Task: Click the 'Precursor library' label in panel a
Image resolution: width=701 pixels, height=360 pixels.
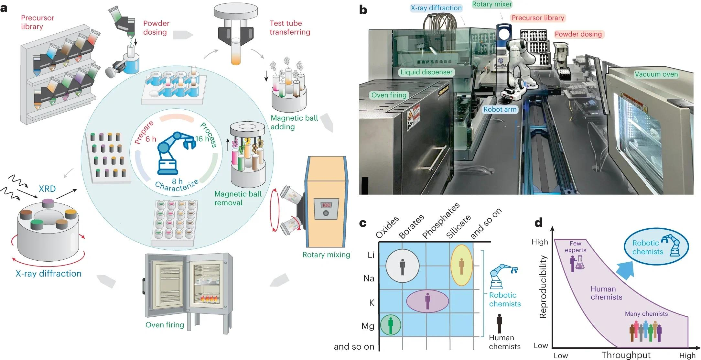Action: tap(38, 22)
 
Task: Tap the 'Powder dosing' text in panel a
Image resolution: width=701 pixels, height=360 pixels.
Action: tap(156, 27)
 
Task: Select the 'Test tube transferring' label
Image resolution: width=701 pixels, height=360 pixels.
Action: tap(290, 27)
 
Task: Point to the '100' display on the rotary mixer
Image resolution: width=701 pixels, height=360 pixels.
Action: tap(326, 205)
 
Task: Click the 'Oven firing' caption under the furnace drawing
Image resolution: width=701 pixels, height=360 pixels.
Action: tap(165, 325)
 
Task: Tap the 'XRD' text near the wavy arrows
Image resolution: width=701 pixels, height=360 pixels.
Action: tap(47, 189)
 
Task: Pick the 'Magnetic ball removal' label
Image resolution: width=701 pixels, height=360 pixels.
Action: tap(238, 198)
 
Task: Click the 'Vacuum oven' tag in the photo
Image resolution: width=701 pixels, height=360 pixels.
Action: tap(656, 74)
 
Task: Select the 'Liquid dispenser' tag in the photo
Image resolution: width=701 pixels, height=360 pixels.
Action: tap(426, 72)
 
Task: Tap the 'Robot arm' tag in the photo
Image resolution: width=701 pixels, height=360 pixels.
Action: tap(500, 109)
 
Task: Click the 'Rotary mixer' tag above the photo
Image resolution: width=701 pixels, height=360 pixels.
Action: tap(492, 4)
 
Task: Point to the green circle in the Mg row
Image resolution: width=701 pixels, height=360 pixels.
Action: tap(391, 324)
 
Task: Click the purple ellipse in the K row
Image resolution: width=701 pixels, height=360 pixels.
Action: tap(427, 301)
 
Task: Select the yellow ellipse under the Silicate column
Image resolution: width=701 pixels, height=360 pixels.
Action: tap(461, 265)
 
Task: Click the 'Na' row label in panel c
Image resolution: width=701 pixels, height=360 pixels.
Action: tap(369, 278)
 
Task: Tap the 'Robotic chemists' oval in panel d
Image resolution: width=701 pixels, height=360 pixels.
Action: tap(656, 247)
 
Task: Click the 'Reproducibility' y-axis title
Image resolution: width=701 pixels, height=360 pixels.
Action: tap(543, 287)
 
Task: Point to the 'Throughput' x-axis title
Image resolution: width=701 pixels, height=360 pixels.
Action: tap(626, 355)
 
